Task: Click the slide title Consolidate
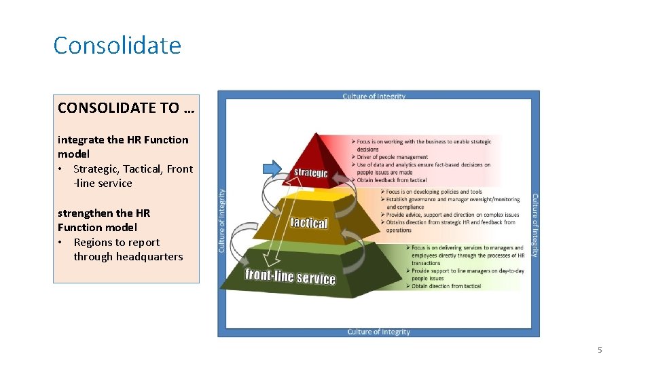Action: [x=117, y=46]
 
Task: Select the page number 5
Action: [x=599, y=350]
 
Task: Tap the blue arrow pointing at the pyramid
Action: [x=272, y=168]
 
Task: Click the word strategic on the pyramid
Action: [x=310, y=173]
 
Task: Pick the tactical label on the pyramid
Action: [x=309, y=223]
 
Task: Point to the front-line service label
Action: [x=290, y=277]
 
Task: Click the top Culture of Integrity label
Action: [x=374, y=97]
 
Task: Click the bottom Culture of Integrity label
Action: [x=378, y=332]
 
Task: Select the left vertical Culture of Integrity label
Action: [x=221, y=221]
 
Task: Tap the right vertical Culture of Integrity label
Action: [x=535, y=225]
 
